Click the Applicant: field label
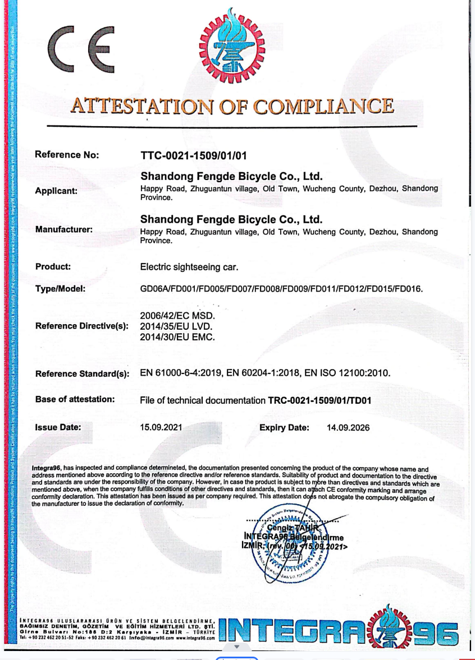[x=56, y=191]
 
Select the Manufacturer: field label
[x=63, y=229]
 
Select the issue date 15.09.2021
[x=161, y=427]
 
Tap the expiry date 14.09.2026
[x=348, y=428]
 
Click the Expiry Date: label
[x=284, y=428]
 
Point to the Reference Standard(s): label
[x=82, y=373]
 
